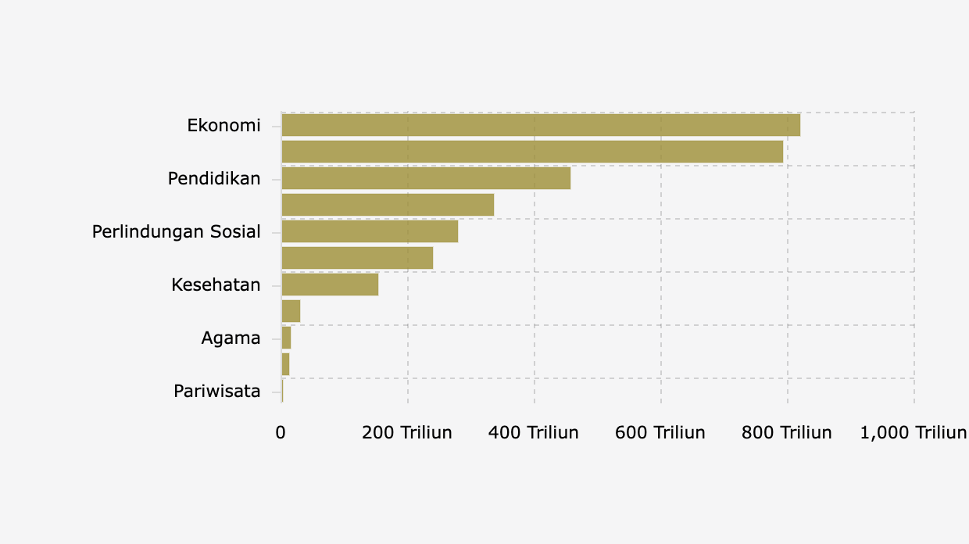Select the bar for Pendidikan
pos(426,178)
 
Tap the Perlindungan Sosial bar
pos(370,231)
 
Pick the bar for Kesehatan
pos(330,285)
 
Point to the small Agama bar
pos(286,338)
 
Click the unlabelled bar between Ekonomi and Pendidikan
pos(532,152)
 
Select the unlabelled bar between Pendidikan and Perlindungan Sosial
pos(388,205)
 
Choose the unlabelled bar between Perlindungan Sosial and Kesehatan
pos(357,258)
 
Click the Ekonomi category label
pos(223,125)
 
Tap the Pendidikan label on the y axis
pos(214,178)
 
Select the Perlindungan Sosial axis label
pos(177,231)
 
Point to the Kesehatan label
pos(216,285)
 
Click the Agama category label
pos(231,338)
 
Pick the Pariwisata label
pos(217,391)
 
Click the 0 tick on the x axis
pos(281,432)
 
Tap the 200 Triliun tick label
pos(407,432)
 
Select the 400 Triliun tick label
pos(534,432)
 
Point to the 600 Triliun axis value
pos(660,432)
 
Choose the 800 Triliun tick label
pos(787,432)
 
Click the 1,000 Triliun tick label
pos(913,432)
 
